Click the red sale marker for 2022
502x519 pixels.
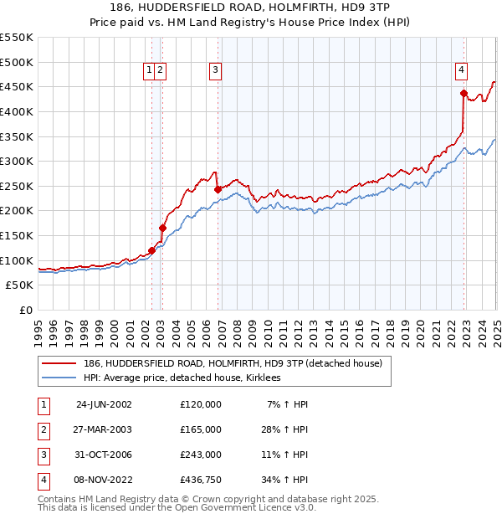(463, 93)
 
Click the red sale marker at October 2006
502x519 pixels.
(218, 189)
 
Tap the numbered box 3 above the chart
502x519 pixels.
(216, 71)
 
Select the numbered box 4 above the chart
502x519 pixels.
(461, 71)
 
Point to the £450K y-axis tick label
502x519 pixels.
(17, 86)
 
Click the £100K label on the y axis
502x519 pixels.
(17, 260)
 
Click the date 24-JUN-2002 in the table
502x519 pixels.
(104, 404)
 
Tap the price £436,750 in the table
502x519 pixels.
(201, 480)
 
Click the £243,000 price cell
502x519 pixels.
(201, 455)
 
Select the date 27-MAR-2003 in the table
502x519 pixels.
(104, 429)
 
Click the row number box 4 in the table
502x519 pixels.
(42, 480)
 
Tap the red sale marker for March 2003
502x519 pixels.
(162, 228)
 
